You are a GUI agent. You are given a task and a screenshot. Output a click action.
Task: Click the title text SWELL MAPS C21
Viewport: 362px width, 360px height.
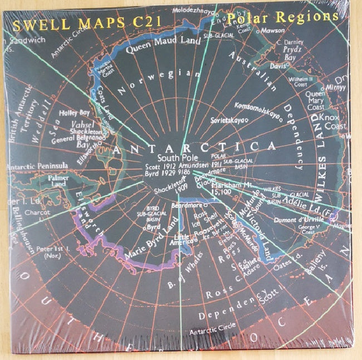[x=67, y=25]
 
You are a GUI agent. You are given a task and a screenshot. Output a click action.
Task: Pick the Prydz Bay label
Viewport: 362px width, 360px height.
[x=306, y=53]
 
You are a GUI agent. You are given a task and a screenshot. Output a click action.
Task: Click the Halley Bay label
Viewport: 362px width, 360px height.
[x=74, y=112]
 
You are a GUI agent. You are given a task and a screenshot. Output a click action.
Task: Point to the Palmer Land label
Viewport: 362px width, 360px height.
[x=59, y=180]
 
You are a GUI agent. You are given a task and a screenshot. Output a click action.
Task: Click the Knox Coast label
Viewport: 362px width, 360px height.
[x=335, y=122]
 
